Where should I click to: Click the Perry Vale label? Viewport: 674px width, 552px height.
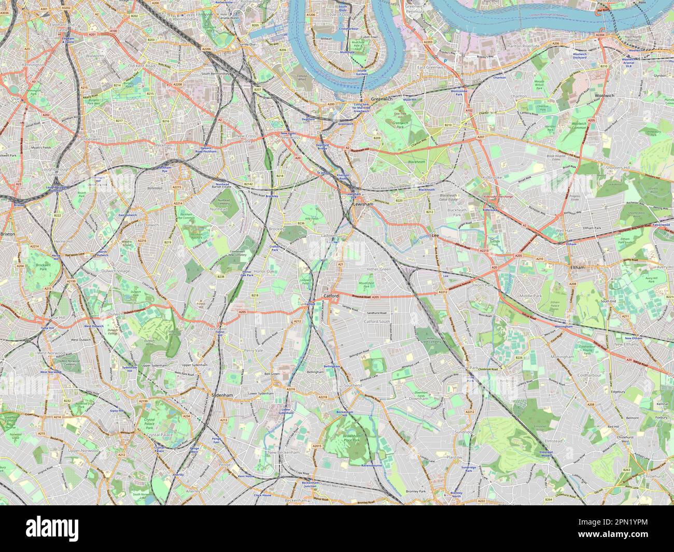point(254,351)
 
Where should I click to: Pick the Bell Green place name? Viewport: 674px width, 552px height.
point(272,373)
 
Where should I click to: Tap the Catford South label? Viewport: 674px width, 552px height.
point(376,322)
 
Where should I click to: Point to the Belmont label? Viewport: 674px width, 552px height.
point(633,417)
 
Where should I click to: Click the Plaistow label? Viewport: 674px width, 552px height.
point(454,458)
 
